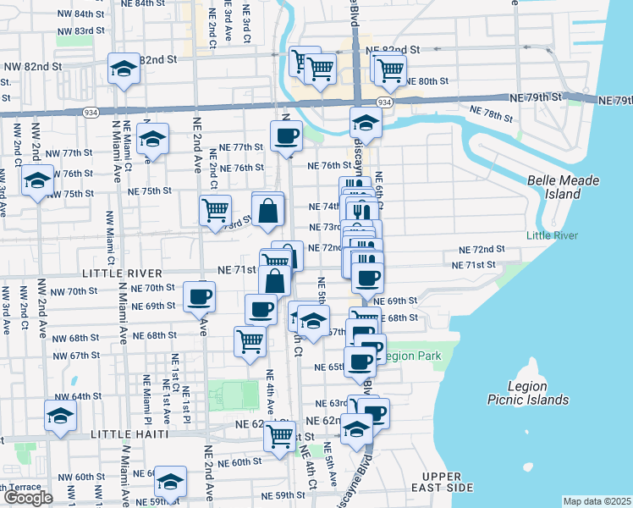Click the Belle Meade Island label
[x=562, y=187]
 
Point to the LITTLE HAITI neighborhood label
[x=129, y=434]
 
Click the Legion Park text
[x=413, y=356]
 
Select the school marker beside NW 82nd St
[x=124, y=70]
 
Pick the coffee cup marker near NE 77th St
[x=286, y=135]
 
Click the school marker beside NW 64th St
[x=61, y=416]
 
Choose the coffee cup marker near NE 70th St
[x=200, y=297]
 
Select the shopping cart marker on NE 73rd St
[x=215, y=209]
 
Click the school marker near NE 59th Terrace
[x=171, y=483]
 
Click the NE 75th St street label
[x=150, y=191]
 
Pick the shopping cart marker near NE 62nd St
[x=279, y=436]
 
